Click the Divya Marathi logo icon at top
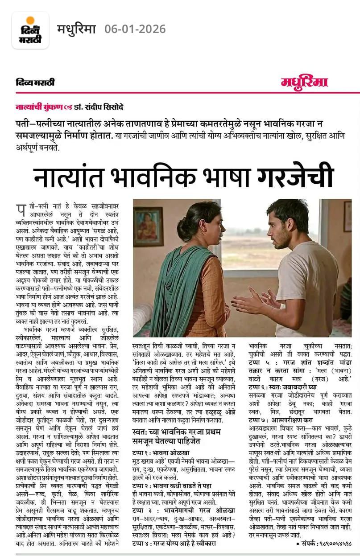[30, 30]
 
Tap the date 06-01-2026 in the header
[135, 29]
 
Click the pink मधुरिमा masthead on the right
[304, 82]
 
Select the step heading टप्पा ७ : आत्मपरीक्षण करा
[281, 420]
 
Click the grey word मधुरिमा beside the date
[76, 29]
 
